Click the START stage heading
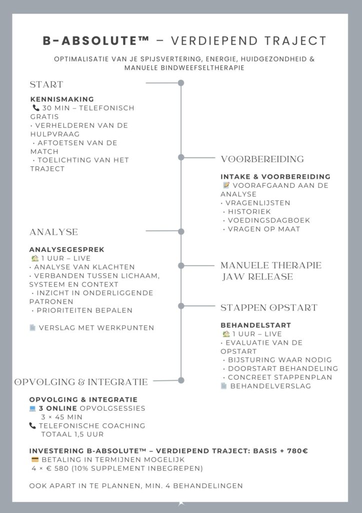[x=46, y=84]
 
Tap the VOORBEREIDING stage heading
[x=262, y=159]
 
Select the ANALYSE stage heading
[x=53, y=232]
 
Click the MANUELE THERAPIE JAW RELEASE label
[x=271, y=271]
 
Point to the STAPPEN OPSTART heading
[x=269, y=308]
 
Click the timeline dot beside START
[x=181, y=84]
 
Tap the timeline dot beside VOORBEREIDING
[x=181, y=157]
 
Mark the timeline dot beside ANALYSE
[x=181, y=231]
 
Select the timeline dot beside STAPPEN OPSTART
[x=181, y=306]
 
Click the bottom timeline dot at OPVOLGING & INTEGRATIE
[x=181, y=380]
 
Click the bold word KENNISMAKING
[x=61, y=99]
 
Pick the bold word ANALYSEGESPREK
[x=67, y=249]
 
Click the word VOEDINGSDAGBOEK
[x=268, y=220]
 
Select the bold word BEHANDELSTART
[x=248, y=325]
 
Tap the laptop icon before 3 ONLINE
[x=33, y=408]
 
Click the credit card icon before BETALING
[x=35, y=460]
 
